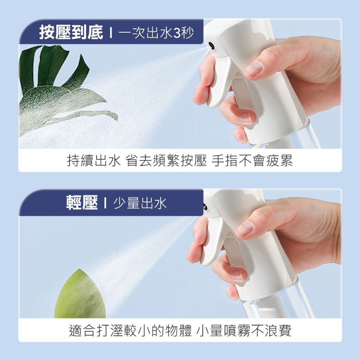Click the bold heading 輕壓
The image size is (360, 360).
pos(82,203)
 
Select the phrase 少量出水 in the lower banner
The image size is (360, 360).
pos(140,203)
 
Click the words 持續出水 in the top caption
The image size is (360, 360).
pos(94,160)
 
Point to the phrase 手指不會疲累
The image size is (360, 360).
pos(252,160)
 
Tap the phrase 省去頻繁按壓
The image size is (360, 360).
pos(166,160)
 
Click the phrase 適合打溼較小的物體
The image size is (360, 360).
pos(130,330)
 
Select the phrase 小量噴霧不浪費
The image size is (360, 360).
pos(244,330)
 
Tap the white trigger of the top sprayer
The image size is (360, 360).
pos(217,81)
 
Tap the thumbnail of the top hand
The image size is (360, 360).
pos(253,68)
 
